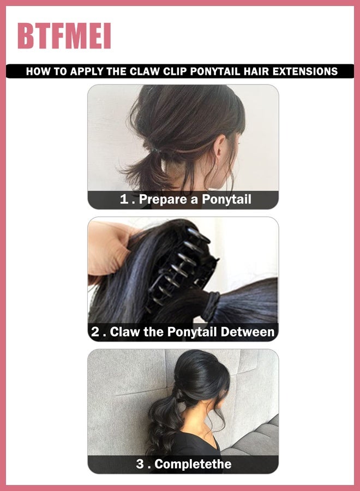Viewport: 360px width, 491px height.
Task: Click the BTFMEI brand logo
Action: (x=64, y=37)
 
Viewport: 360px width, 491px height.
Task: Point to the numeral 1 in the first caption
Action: (x=124, y=200)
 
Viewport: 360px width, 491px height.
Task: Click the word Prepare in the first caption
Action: (x=163, y=200)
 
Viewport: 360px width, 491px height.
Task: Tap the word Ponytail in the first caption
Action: (x=226, y=200)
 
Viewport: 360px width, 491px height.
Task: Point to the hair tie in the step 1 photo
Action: (x=154, y=148)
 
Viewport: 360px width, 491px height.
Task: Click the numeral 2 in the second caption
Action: (x=95, y=332)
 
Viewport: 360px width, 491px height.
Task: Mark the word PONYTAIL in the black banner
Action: (x=217, y=71)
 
